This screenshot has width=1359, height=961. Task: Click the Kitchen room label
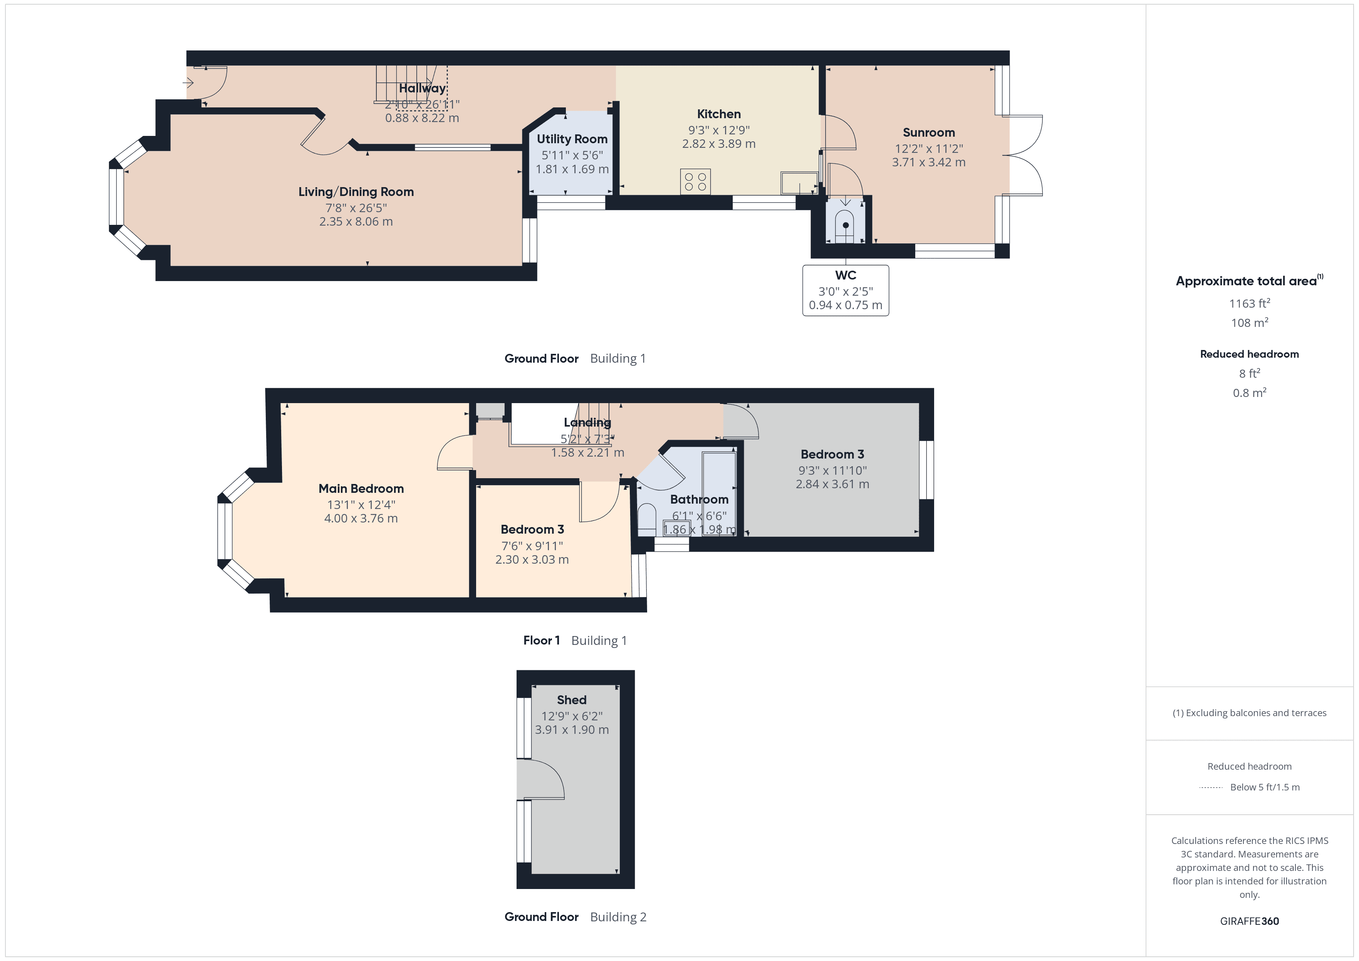718,114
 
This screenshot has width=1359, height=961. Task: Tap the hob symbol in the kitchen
695,182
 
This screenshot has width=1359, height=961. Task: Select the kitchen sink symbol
799,183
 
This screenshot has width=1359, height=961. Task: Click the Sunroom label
928,132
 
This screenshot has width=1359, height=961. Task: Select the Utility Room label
572,139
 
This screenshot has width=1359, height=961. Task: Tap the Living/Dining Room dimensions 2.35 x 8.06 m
356,222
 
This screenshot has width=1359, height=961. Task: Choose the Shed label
571,700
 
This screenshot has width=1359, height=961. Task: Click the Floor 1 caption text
541,640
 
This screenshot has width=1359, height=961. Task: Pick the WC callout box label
845,276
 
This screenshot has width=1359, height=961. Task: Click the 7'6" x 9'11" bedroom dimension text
532,546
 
